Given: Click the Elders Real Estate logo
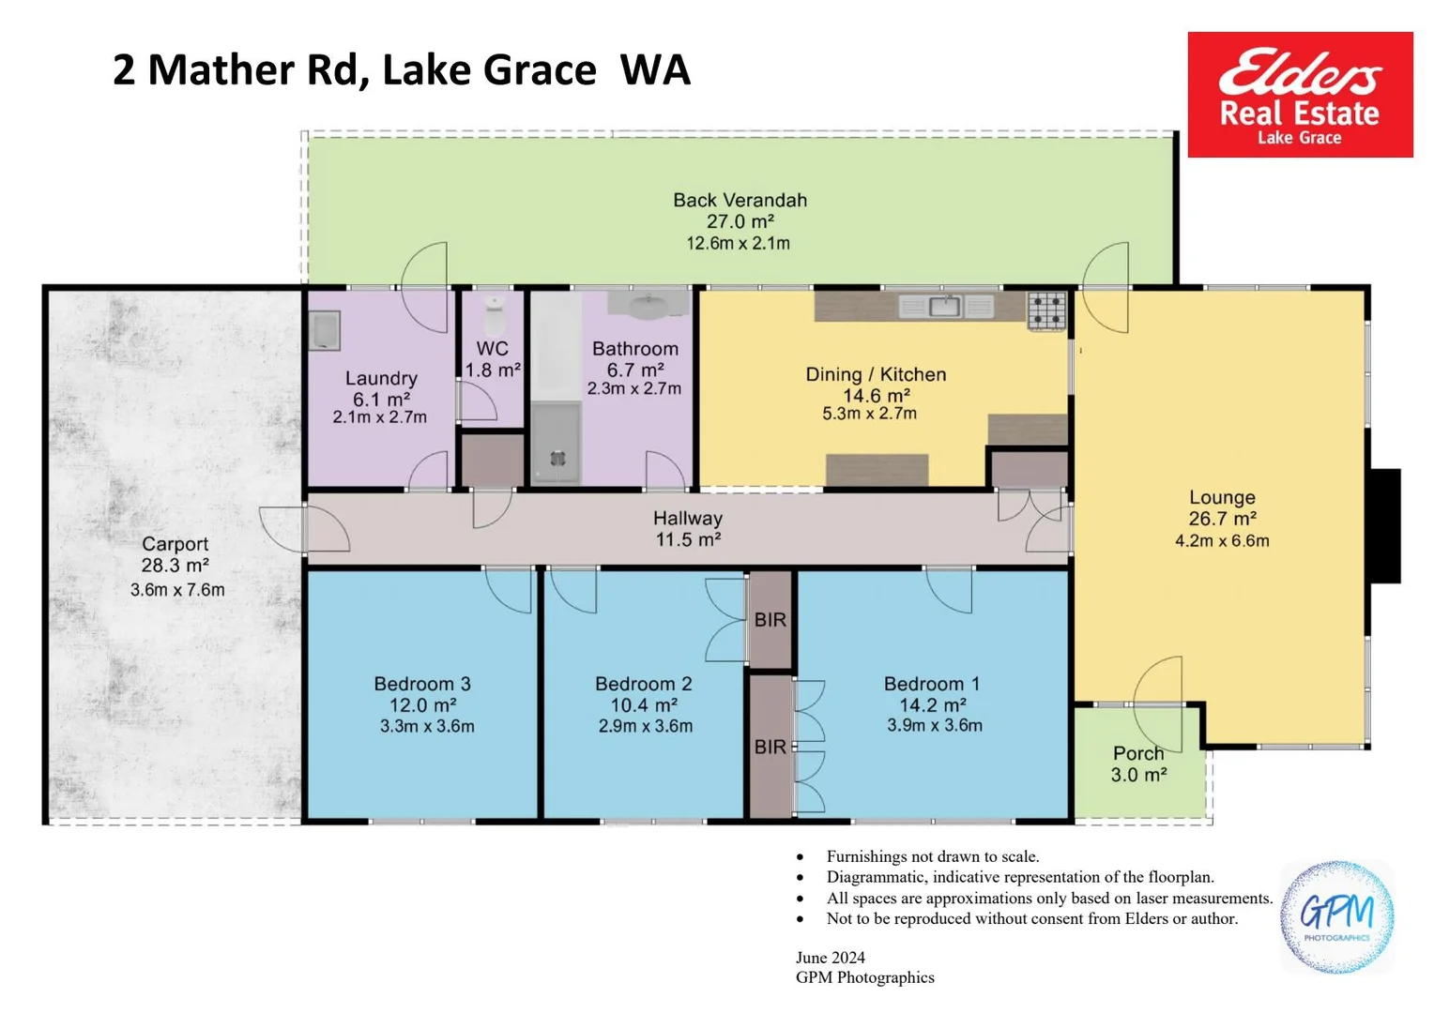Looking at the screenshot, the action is click(x=1300, y=95).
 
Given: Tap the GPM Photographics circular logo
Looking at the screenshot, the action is click(x=1336, y=917).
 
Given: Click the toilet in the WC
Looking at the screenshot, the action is click(x=495, y=316).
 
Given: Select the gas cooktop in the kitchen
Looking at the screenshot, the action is click(x=1047, y=311).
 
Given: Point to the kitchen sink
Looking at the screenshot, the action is click(x=946, y=307).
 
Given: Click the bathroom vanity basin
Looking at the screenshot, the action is click(x=648, y=305).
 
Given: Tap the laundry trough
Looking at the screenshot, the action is click(x=325, y=331).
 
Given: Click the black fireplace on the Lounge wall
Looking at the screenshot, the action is click(x=1384, y=526).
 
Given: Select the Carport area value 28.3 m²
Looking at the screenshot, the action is click(x=175, y=566).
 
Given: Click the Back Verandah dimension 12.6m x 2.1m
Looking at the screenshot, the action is click(x=739, y=244).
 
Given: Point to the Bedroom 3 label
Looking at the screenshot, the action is click(x=422, y=684).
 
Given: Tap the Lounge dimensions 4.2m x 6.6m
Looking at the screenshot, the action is click(x=1222, y=541).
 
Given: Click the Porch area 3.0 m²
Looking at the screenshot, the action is click(x=1139, y=776).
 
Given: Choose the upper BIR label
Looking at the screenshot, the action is click(x=770, y=620).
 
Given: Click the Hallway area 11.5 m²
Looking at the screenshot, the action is click(x=688, y=540).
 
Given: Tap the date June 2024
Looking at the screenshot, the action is click(x=831, y=958).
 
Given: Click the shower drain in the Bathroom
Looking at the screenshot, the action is click(x=557, y=458).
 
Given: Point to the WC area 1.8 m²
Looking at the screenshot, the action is click(x=493, y=370).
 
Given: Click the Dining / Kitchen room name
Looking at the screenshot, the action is click(x=876, y=375).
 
